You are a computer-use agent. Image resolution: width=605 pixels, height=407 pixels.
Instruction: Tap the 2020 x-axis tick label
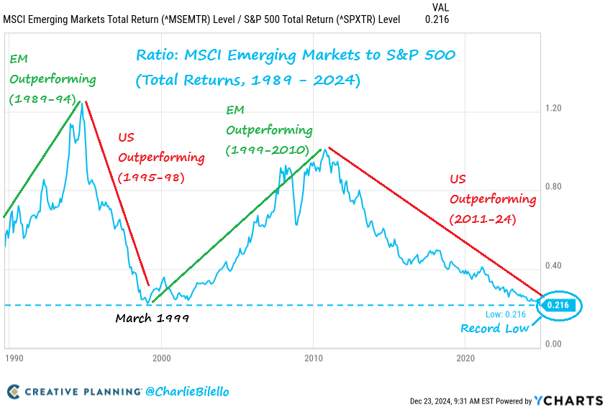tap(465, 357)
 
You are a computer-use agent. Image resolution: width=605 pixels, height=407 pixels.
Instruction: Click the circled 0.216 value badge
tap(558, 306)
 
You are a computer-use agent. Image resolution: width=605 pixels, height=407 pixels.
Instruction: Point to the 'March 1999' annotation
tap(152, 318)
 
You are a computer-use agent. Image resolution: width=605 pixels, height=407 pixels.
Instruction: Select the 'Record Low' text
tap(495, 329)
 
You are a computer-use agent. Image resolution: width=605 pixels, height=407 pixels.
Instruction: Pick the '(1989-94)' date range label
tap(42, 99)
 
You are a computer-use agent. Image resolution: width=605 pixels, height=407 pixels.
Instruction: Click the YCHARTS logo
tap(568, 401)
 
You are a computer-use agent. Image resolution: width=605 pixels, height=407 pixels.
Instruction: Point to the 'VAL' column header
tap(440, 6)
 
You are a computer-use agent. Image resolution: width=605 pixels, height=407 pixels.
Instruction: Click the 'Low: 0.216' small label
tap(506, 314)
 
